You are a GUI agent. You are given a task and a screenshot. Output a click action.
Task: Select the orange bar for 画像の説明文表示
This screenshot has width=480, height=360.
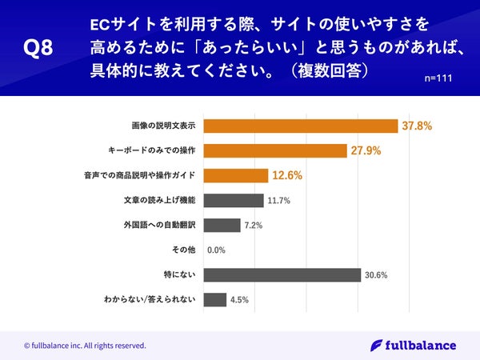point(301,126)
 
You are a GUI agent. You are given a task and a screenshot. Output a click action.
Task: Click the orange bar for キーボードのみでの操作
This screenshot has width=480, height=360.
point(275,150)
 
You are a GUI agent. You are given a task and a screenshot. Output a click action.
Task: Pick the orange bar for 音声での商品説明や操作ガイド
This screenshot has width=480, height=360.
point(236,175)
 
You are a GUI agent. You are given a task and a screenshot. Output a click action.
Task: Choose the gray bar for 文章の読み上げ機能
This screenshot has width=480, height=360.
point(234,200)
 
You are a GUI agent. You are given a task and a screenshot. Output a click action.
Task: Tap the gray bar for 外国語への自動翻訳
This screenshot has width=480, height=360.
point(222,225)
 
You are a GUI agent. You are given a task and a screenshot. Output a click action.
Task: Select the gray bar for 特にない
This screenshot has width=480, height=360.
point(282,274)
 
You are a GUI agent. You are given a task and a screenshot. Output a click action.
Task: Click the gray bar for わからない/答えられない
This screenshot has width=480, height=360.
point(215,299)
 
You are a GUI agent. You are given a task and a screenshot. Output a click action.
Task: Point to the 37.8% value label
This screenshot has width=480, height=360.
point(417,126)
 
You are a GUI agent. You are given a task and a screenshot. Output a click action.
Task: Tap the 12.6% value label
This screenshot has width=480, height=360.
point(286,175)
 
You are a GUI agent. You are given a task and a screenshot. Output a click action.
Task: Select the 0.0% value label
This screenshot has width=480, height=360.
point(216,250)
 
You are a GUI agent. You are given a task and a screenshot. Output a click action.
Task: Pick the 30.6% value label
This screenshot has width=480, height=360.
point(376,275)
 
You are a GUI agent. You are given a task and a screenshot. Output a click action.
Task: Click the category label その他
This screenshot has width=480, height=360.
point(184,250)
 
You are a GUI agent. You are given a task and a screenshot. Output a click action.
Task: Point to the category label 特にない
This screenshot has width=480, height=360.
point(181,274)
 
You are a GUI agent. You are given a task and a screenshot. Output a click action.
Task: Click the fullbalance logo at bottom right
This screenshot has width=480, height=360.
point(414,346)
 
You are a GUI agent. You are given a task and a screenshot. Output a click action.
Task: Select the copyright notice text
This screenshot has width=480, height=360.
point(85,346)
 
